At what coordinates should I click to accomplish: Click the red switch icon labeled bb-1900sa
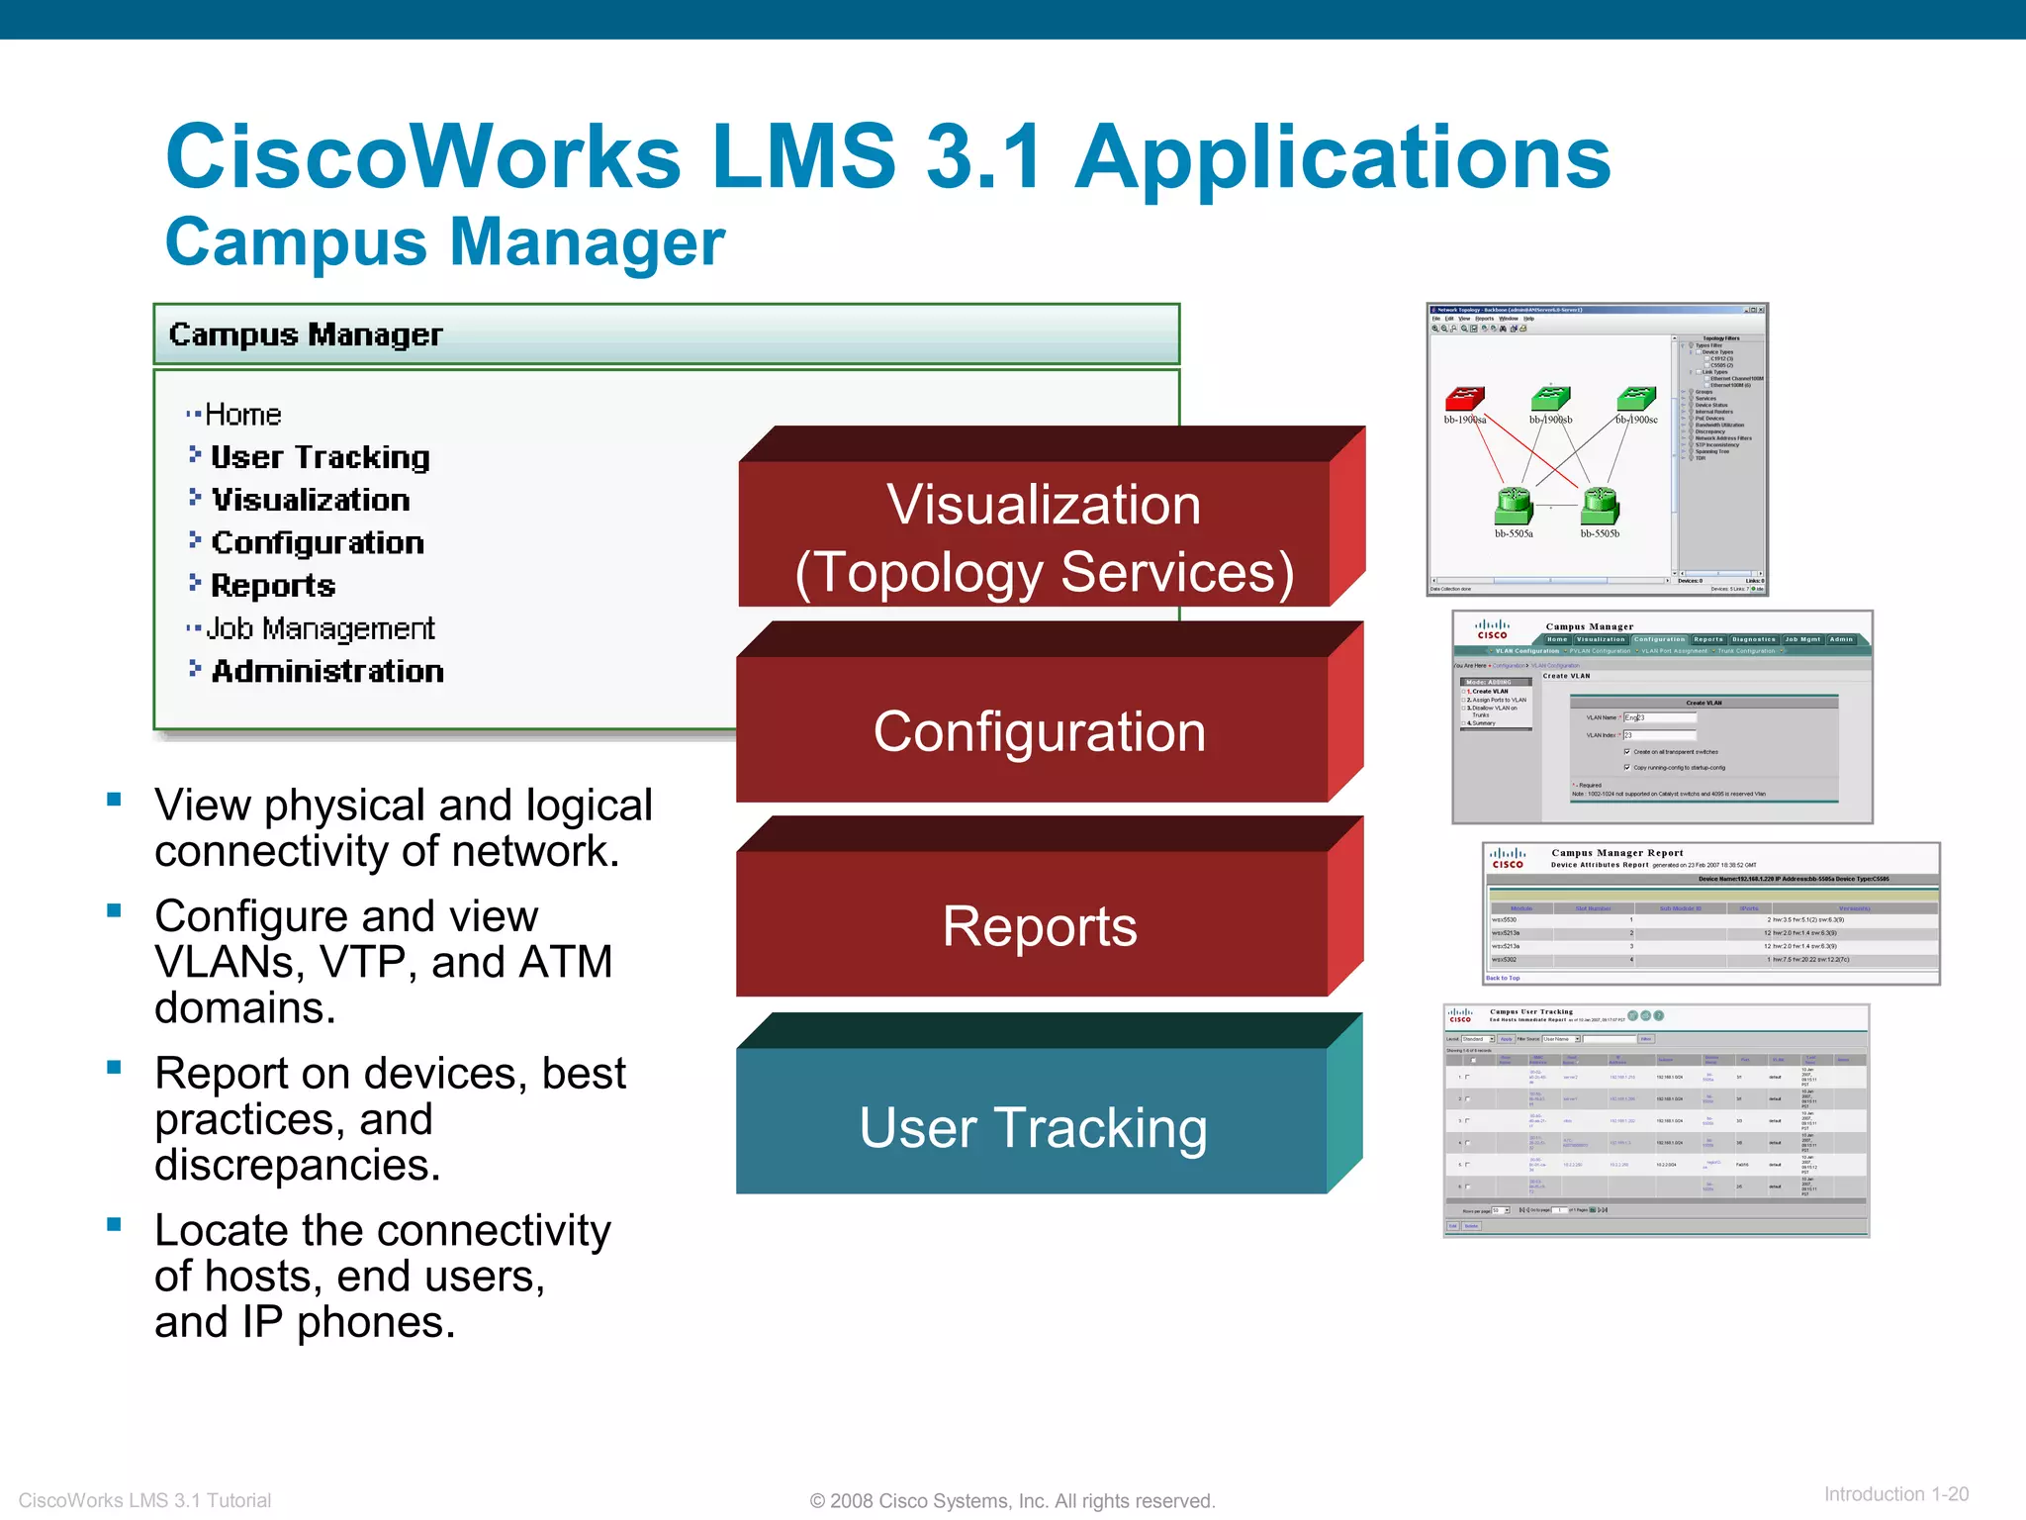coord(1464,398)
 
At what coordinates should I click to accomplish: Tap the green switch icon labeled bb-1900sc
coord(1636,398)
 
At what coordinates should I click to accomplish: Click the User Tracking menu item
coord(321,457)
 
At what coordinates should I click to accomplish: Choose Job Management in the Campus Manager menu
coord(321,628)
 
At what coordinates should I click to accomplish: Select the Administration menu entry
coord(327,671)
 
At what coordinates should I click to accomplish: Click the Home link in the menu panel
coord(242,415)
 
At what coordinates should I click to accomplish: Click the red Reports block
coord(1039,926)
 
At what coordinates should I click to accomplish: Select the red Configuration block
coord(1039,731)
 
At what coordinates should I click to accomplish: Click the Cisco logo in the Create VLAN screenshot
coord(1492,629)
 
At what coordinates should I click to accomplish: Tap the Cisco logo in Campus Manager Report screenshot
coord(1508,858)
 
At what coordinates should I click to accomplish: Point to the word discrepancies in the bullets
coord(297,1165)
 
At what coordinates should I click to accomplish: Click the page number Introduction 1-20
coord(1895,1494)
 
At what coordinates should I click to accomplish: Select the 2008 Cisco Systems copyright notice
coord(1012,1501)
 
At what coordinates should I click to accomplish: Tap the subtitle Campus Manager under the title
coord(445,242)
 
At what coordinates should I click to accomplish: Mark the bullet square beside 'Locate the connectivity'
coord(115,1224)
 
